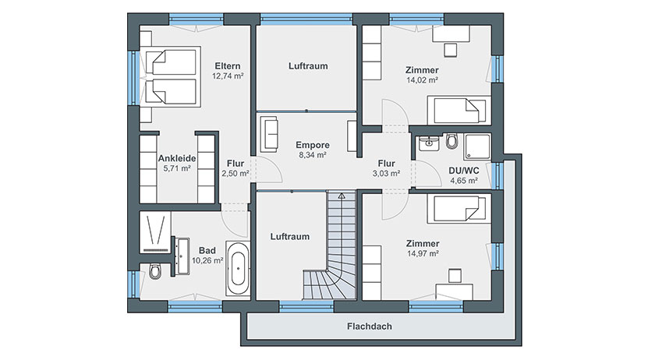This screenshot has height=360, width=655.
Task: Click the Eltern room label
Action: coord(228,66)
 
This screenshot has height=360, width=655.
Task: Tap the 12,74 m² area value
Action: coord(228,76)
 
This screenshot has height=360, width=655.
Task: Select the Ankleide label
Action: coord(177,159)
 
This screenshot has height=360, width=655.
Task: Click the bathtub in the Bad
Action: coord(238,268)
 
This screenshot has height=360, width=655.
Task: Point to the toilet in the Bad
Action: coord(154,271)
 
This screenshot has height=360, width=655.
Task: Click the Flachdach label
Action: coord(370,326)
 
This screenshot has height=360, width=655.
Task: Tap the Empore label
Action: coord(313,145)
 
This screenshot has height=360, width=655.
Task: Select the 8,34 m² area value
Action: coord(313,155)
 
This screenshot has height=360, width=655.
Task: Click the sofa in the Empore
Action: coord(269,134)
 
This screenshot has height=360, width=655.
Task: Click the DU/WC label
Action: coord(464,171)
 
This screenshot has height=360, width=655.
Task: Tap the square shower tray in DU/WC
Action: coord(478,146)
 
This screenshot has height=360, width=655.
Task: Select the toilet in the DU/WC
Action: coord(451,141)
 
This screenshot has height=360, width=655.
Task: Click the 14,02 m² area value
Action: coord(423,80)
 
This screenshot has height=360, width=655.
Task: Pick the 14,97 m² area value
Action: coord(423,253)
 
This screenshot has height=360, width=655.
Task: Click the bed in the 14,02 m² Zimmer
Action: coord(458,110)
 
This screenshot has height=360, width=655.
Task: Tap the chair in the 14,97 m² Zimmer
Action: coord(455,276)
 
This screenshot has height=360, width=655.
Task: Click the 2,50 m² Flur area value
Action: coord(235,174)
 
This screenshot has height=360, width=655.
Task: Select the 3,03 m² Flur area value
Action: coord(387,173)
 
